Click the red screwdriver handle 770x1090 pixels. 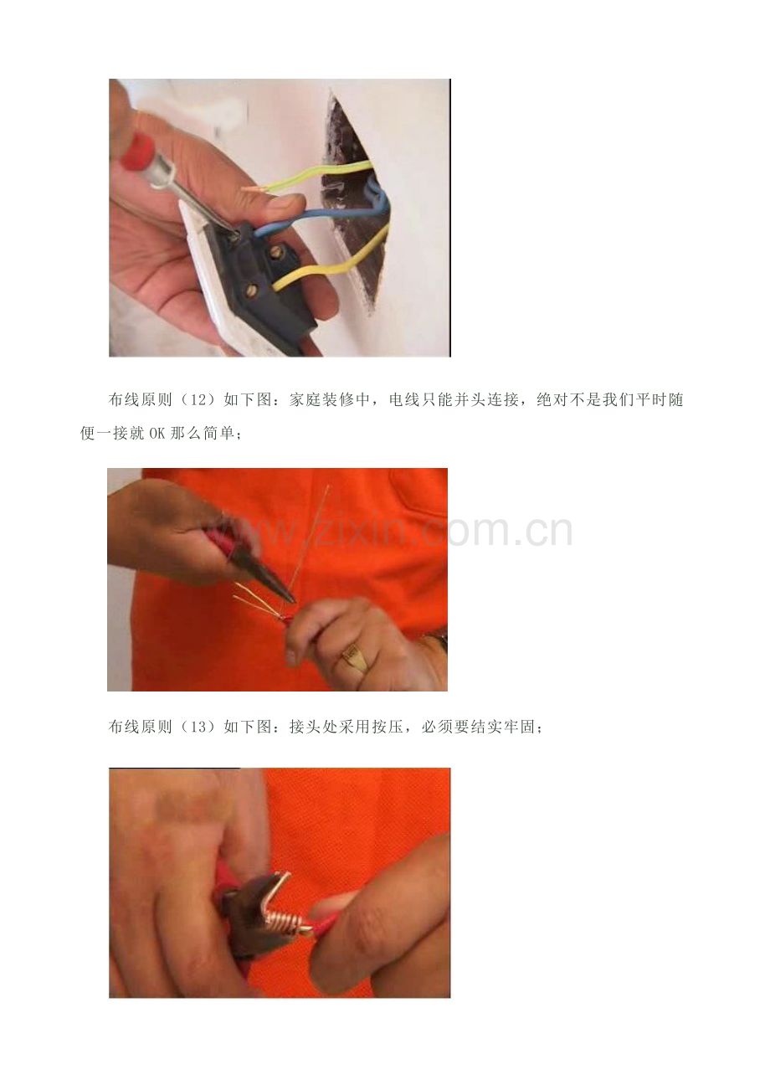pyautogui.click(x=136, y=152)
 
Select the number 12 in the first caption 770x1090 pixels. pyautogui.click(x=198, y=400)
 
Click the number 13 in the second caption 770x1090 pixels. pyautogui.click(x=198, y=727)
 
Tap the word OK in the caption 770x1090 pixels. pyautogui.click(x=157, y=433)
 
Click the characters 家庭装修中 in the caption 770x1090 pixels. pyautogui.click(x=329, y=400)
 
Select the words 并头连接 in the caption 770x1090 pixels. pyautogui.click(x=486, y=400)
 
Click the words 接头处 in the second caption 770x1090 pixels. pyautogui.click(x=314, y=727)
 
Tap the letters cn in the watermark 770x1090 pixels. pyautogui.click(x=549, y=531)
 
